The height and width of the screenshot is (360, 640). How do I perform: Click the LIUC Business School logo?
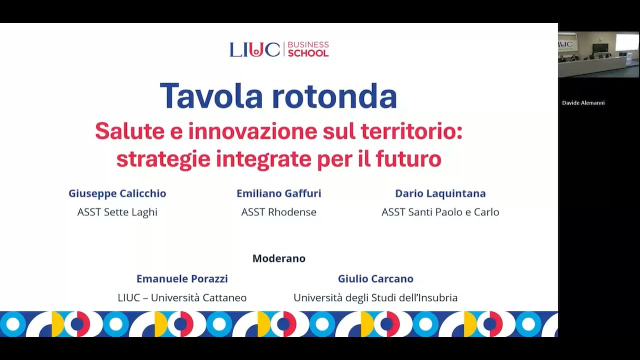pyautogui.click(x=279, y=49)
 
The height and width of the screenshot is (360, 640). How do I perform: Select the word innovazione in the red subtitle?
pyautogui.click(x=252, y=131)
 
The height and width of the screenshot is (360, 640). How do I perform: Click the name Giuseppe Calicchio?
pyautogui.click(x=117, y=193)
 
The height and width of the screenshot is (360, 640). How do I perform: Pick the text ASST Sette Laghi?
pyautogui.click(x=117, y=212)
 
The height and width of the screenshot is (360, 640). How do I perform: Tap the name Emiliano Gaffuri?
pyautogui.click(x=279, y=193)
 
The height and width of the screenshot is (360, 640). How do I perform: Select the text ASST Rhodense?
pyautogui.click(x=279, y=212)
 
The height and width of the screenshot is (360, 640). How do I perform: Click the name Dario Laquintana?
pyautogui.click(x=440, y=193)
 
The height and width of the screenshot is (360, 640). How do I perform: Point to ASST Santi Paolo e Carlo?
pyautogui.click(x=440, y=212)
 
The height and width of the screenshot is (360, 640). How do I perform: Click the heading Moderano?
pyautogui.click(x=279, y=258)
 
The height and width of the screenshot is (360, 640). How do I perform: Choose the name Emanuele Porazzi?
pyautogui.click(x=182, y=278)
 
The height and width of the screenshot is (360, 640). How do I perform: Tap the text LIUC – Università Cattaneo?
pyautogui.click(x=182, y=297)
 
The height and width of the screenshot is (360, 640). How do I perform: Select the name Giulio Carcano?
pyautogui.click(x=375, y=278)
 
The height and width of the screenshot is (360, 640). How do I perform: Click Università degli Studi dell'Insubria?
pyautogui.click(x=375, y=297)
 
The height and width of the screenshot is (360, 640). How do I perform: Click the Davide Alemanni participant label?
pyautogui.click(x=583, y=103)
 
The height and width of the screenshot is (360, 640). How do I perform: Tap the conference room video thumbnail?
pyautogui.click(x=598, y=54)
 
